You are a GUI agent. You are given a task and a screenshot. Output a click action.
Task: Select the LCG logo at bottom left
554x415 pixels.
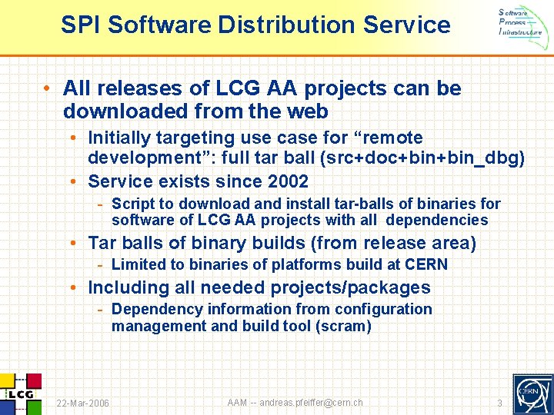pos(21,393)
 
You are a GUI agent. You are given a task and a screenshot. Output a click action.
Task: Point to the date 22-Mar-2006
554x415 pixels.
pos(82,403)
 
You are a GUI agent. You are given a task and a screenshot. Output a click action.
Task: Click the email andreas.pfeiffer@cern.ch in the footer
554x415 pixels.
pos(311,403)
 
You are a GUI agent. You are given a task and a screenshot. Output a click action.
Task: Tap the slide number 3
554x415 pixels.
pos(499,403)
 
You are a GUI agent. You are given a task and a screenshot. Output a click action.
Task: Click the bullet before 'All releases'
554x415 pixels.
pos(48,89)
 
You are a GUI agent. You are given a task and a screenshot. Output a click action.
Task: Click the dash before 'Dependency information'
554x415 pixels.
pos(100,309)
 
